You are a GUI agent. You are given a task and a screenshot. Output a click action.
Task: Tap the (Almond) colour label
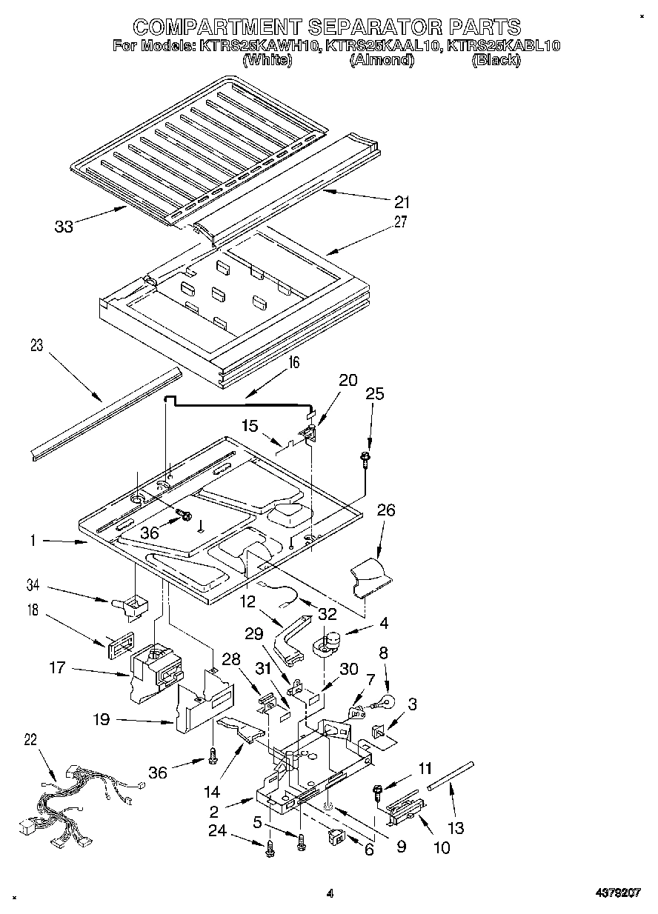click(x=381, y=61)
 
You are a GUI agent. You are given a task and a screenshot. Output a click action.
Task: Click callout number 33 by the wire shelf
click(x=64, y=227)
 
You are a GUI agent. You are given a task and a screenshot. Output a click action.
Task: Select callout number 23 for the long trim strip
click(x=37, y=345)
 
